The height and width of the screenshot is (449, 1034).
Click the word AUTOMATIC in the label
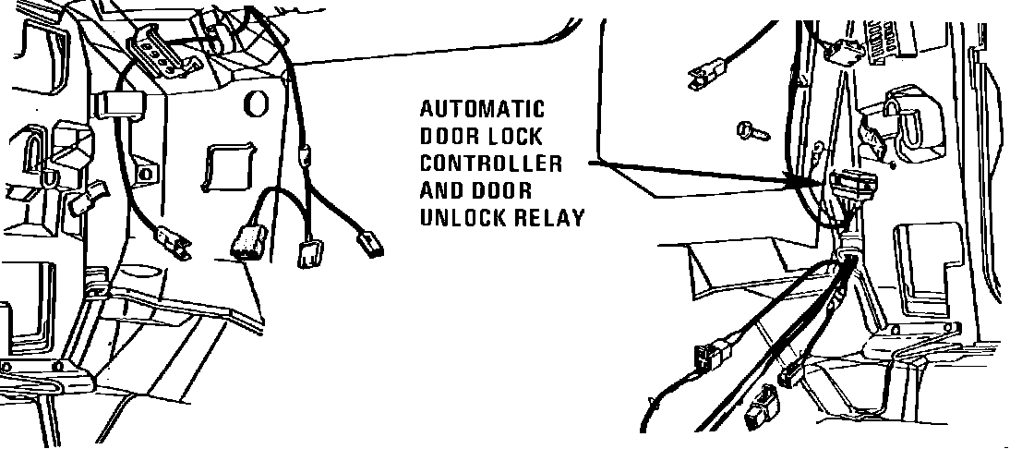(x=482, y=109)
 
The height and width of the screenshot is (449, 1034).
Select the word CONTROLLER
(x=490, y=164)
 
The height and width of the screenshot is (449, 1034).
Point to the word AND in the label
(x=439, y=191)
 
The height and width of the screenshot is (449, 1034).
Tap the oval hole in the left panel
(x=252, y=103)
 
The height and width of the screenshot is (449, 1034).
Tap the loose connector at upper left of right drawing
(x=706, y=70)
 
